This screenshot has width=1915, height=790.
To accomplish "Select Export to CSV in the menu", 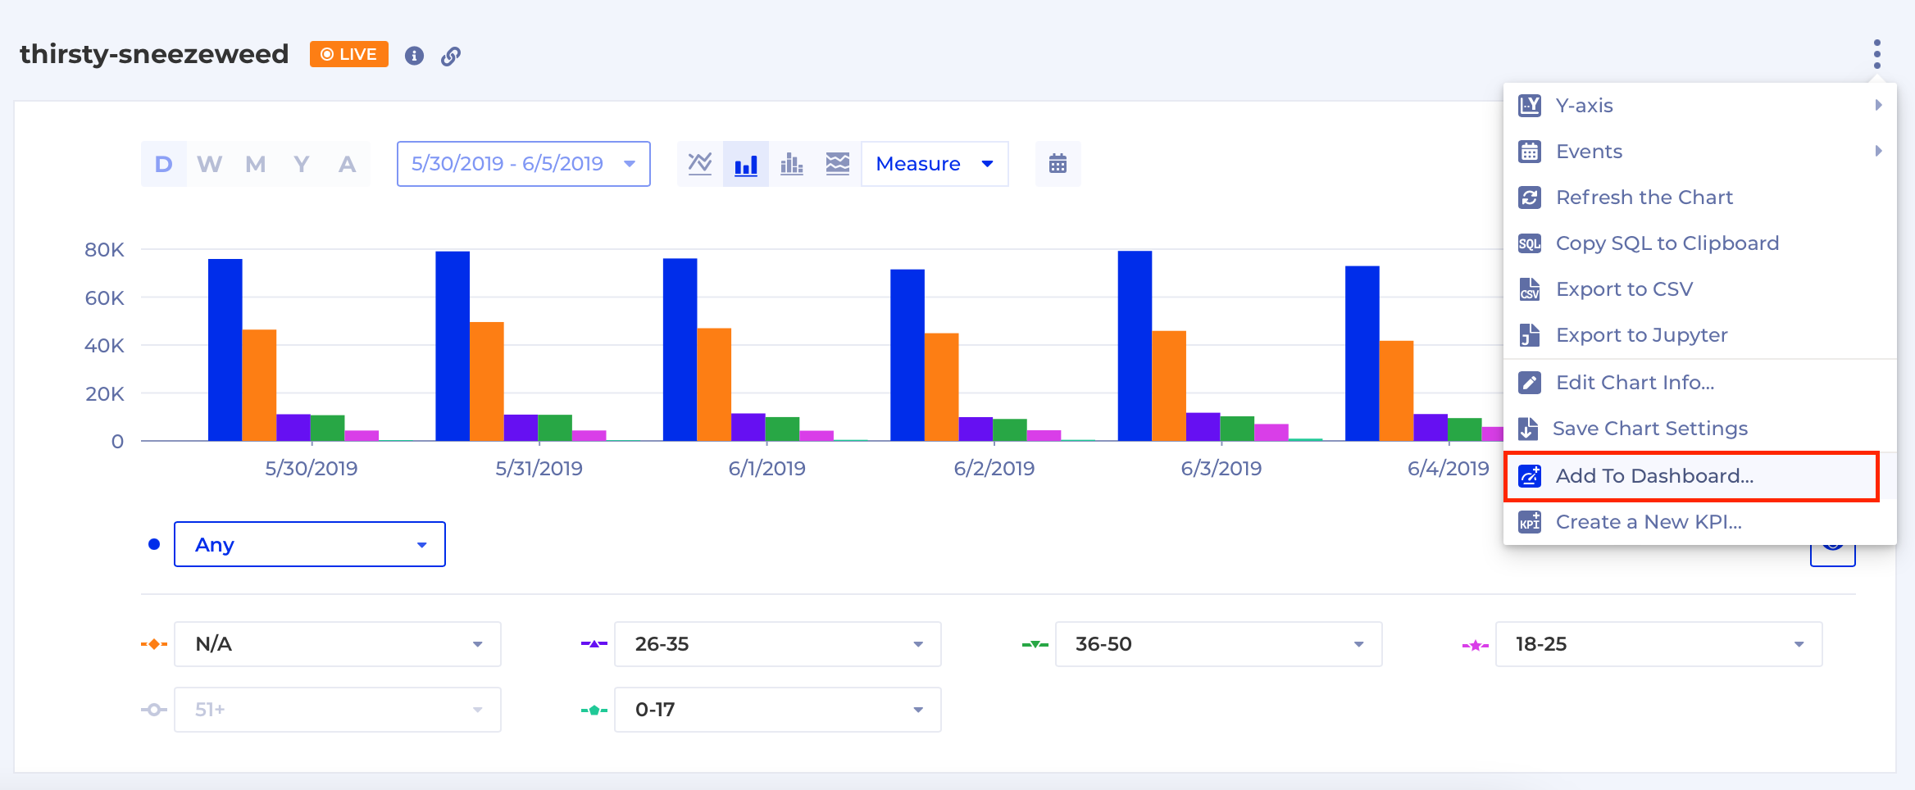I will (1623, 289).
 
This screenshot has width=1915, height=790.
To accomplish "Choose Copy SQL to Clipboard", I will (1667, 243).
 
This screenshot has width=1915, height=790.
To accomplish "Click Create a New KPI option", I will (1648, 522).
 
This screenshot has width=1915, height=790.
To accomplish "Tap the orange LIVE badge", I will (348, 54).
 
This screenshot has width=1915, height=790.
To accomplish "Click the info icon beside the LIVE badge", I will (414, 56).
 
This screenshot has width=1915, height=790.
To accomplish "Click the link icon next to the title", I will (451, 56).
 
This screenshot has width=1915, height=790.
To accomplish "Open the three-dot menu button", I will (1876, 54).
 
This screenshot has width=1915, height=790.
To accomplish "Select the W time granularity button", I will (209, 164).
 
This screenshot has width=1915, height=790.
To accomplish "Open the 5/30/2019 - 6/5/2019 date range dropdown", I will (523, 164).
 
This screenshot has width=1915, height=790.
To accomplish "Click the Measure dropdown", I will (934, 164).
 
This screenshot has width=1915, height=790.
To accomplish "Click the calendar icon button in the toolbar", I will (1058, 164).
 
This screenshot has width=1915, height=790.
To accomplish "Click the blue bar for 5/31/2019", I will (453, 346).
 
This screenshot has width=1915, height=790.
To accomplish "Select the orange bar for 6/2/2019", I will (941, 387).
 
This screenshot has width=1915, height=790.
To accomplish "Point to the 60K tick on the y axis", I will (105, 297).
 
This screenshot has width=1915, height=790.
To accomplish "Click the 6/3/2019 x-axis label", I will (1221, 469).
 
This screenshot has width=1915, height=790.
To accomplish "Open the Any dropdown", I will (309, 544).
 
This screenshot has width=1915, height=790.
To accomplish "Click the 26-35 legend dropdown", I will (776, 644).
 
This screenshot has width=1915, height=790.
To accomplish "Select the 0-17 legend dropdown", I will (776, 710).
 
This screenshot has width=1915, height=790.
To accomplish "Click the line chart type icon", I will (700, 164).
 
